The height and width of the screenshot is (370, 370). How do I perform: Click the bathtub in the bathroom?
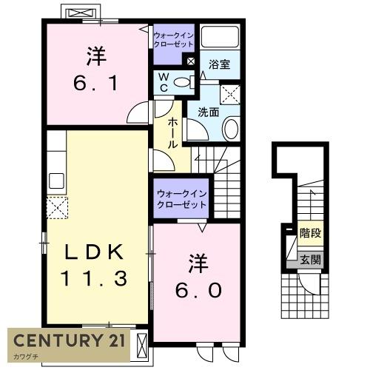(x=221, y=38)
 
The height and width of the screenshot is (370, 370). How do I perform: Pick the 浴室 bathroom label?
(x=219, y=64)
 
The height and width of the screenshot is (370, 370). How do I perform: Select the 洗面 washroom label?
(x=208, y=113)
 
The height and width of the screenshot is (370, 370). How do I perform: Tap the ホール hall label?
(x=172, y=133)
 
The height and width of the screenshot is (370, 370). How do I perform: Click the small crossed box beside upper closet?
(x=192, y=62)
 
